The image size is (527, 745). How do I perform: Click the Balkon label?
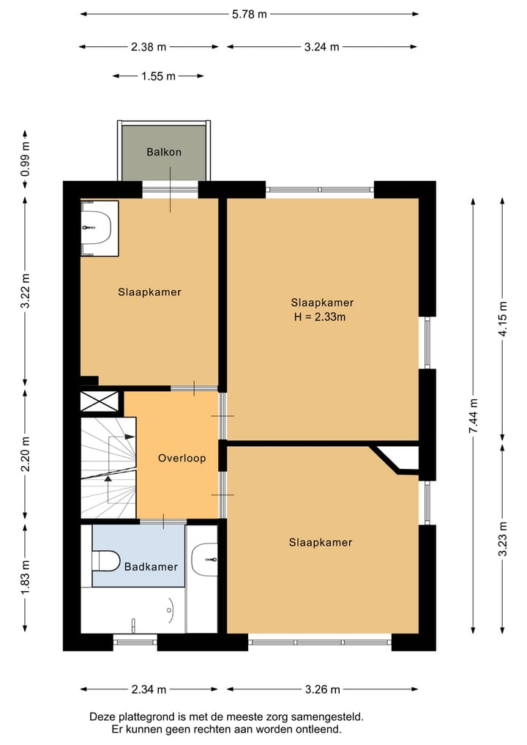coord(164,152)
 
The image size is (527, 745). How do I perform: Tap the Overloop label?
coord(182,458)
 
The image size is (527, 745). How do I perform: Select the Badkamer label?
coord(151,566)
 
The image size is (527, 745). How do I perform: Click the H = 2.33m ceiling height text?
coord(320,317)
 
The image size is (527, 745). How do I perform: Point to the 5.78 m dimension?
coord(250,14)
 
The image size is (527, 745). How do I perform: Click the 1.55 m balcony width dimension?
coord(158,76)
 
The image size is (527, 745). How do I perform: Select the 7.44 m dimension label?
coord(474,416)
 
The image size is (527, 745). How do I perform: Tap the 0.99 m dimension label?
coord(25,159)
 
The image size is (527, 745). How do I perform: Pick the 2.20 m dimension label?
coord(25,453)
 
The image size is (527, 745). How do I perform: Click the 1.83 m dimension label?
coord(25,577)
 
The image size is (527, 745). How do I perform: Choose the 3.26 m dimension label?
coord(322,689)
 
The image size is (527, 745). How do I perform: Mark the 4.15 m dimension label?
coord(503,319)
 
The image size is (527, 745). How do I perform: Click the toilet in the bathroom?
coord(106,560)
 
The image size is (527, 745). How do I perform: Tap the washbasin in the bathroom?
coord(205,560)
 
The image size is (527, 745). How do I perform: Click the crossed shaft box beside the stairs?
coord(100,401)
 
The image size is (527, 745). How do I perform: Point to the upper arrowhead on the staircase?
coord(130,436)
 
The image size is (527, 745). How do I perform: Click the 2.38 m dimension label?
coord(149,47)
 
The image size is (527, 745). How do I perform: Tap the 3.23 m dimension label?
coord(503,538)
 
